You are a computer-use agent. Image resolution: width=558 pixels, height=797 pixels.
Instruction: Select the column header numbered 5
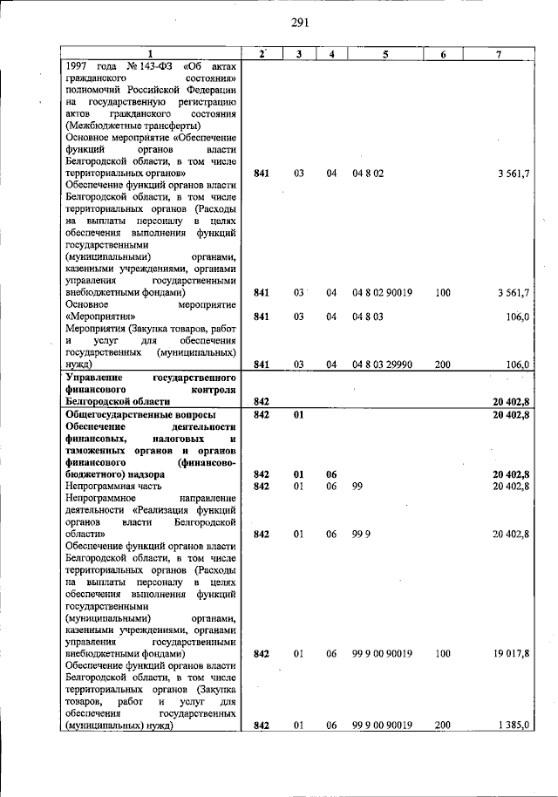click(384, 54)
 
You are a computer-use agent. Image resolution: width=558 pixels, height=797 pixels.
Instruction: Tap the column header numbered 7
click(498, 54)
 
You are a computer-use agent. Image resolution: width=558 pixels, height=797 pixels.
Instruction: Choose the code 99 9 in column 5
click(361, 534)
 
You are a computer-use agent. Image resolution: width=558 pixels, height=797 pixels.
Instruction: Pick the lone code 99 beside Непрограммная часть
click(357, 486)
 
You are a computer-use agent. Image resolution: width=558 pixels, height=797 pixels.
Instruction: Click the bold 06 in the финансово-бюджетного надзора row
click(331, 473)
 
